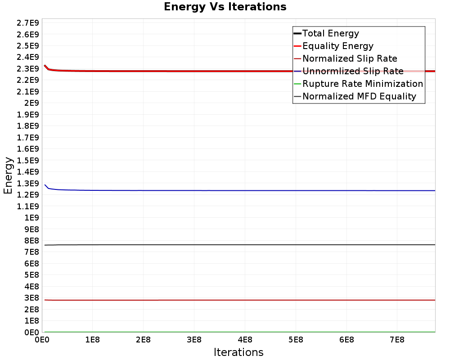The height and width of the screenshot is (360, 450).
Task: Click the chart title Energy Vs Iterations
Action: (x=225, y=7)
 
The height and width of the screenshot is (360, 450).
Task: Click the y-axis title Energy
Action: (x=8, y=175)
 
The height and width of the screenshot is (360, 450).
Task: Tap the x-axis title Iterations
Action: (x=238, y=352)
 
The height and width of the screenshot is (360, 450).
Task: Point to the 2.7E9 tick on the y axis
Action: (x=27, y=23)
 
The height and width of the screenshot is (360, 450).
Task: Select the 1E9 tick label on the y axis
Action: (x=31, y=218)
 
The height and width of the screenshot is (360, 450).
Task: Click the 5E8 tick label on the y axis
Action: (x=31, y=275)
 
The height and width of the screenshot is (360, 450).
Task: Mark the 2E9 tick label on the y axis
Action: (x=31, y=103)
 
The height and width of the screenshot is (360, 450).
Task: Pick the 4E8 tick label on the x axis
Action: (x=245, y=340)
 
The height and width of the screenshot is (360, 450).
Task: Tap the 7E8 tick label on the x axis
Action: (x=397, y=340)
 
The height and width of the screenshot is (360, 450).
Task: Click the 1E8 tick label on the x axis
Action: (x=92, y=340)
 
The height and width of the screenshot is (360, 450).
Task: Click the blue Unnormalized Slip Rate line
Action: (x=240, y=190)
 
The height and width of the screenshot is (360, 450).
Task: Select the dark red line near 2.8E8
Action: (x=240, y=300)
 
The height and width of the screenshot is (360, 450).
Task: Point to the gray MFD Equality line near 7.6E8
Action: (x=240, y=245)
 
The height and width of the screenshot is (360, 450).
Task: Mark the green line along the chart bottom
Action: (x=240, y=332)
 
